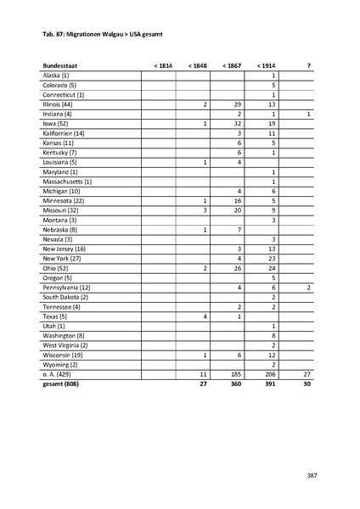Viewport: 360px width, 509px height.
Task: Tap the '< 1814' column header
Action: (x=161, y=65)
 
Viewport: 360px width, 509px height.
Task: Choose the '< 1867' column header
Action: (x=231, y=65)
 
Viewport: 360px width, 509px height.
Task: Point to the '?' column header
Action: (x=309, y=65)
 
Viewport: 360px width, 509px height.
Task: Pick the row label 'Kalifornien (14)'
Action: (x=65, y=132)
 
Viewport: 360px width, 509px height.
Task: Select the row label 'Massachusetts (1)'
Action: (x=67, y=181)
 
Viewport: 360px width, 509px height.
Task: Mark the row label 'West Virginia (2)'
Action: (x=65, y=345)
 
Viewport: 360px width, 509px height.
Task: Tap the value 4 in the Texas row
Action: (x=205, y=316)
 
